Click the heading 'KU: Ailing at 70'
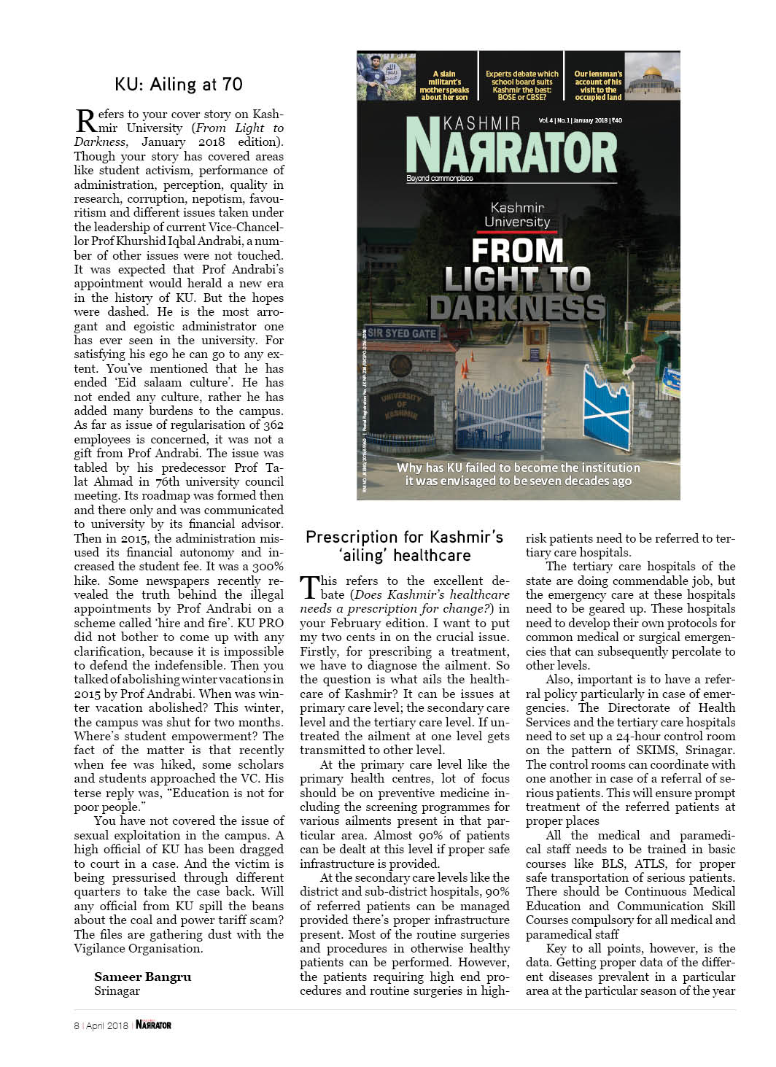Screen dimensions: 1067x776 pyautogui.click(x=179, y=84)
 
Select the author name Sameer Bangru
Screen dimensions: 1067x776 pyautogui.click(x=142, y=977)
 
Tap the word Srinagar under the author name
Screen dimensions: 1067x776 pyautogui.click(x=117, y=991)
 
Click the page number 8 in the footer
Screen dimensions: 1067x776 pyautogui.click(x=76, y=1025)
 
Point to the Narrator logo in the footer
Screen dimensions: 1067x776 pyautogui.click(x=153, y=1025)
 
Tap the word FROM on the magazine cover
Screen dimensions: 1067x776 pyautogui.click(x=517, y=251)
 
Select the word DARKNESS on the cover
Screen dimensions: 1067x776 pyautogui.click(x=517, y=307)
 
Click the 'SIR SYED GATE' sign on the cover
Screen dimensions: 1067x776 pyautogui.click(x=402, y=333)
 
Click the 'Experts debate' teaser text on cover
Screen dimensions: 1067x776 pyautogui.click(x=522, y=85)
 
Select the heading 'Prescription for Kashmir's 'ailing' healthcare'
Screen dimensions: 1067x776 pyautogui.click(x=404, y=546)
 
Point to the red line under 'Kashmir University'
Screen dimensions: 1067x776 pyautogui.click(x=517, y=232)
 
